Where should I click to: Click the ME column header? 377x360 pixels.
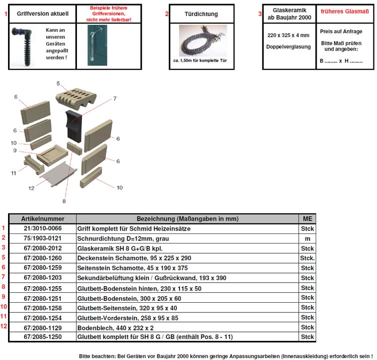coord(307,219)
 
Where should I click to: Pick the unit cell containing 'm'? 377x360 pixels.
coord(307,238)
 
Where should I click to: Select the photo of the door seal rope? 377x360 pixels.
coord(203,41)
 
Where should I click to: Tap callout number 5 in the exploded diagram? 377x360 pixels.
coord(58,83)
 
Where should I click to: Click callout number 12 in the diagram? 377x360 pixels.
coord(31,188)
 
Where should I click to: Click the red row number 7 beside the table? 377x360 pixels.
coord(4,277)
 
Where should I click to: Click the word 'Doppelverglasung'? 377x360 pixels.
coord(289,47)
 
